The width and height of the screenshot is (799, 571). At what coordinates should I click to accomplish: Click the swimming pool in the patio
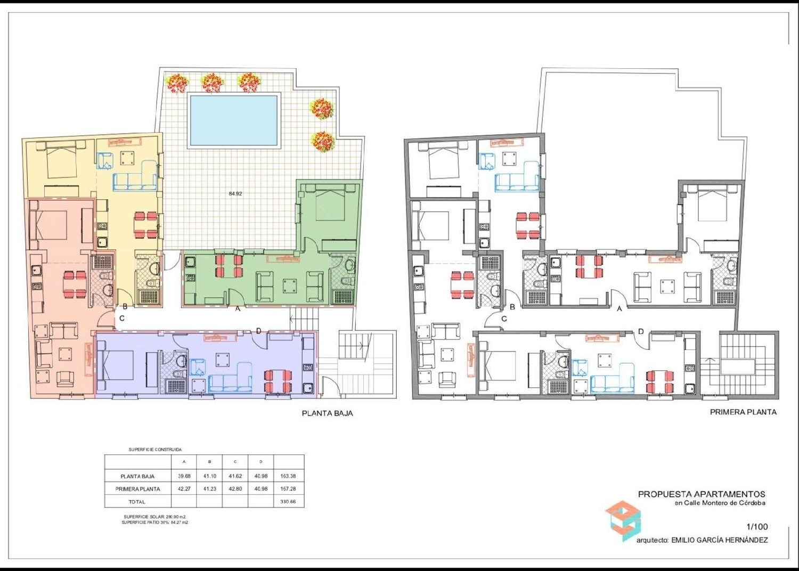234,120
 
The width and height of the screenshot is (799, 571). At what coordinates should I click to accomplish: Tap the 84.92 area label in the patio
235,194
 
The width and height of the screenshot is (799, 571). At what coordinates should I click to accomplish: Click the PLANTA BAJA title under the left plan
327,413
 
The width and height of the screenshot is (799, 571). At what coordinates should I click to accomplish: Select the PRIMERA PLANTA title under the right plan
743,412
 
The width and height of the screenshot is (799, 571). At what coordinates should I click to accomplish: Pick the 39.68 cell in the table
184,476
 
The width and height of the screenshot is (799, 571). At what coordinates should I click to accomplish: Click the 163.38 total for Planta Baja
288,476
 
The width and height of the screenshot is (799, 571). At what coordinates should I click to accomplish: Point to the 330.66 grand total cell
288,502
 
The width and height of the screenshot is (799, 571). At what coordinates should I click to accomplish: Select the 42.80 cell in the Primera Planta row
235,489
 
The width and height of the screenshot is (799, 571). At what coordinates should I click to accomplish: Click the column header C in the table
235,462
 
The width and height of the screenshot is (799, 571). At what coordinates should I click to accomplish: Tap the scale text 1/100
757,527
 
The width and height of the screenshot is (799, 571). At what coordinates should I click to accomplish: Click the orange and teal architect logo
623,520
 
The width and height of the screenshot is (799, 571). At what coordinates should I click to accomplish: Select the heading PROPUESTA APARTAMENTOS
702,494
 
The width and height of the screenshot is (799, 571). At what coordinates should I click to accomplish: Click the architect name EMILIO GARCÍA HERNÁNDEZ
719,540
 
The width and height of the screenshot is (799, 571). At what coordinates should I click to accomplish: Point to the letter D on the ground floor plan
259,331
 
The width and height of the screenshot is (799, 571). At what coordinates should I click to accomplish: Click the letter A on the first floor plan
619,308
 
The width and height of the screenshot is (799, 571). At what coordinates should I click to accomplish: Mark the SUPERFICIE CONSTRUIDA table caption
155,450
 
